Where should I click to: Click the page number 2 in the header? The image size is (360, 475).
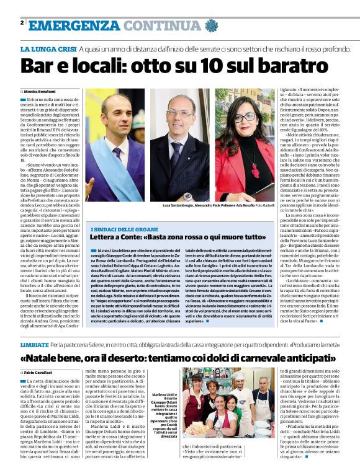(x=22, y=22)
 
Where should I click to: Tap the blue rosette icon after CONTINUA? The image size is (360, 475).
(x=209, y=25)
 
